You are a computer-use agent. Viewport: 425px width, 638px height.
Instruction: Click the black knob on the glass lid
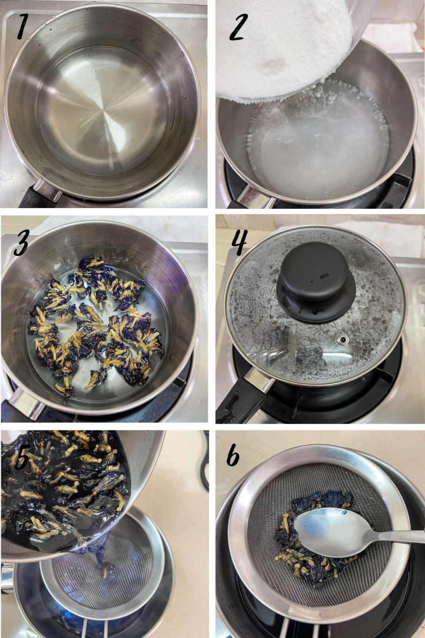(x=315, y=287)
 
